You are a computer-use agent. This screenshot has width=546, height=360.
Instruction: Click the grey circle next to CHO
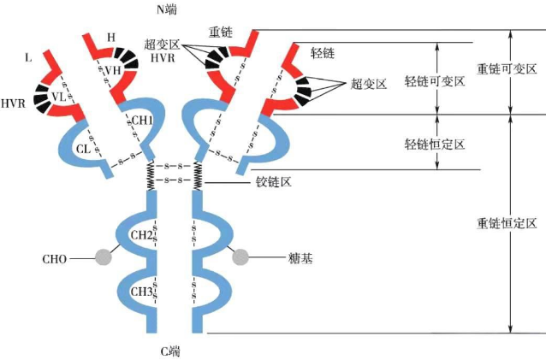click(x=104, y=256)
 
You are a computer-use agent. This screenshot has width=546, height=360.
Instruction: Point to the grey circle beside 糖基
click(x=240, y=256)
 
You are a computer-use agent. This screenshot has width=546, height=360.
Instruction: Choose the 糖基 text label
click(x=296, y=257)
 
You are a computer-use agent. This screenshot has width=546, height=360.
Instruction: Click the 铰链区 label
click(x=274, y=182)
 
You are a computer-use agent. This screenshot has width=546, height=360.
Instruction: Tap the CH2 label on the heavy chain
click(x=141, y=235)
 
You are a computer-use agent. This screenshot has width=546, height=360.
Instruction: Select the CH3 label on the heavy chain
click(x=141, y=292)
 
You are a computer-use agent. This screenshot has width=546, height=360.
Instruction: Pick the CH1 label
click(x=142, y=121)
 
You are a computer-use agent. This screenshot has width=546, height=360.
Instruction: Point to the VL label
click(x=58, y=97)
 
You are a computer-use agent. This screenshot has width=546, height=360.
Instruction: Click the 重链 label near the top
click(x=221, y=32)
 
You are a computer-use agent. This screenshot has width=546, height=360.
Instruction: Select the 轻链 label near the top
click(x=323, y=53)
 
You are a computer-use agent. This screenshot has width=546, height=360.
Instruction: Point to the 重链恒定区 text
click(x=506, y=222)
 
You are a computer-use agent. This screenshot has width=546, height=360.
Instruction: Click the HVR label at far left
click(x=13, y=103)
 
